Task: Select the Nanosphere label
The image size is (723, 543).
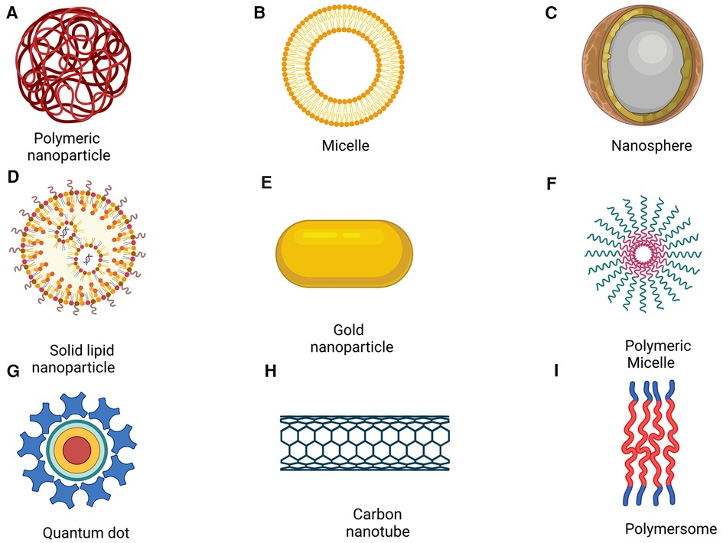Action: pos(652,145)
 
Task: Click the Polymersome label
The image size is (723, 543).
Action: pos(670,528)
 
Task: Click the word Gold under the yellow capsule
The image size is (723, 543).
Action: pos(348,330)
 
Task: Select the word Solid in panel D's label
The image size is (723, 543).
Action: pos(65,350)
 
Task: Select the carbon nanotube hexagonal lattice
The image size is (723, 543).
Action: pos(364,443)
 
